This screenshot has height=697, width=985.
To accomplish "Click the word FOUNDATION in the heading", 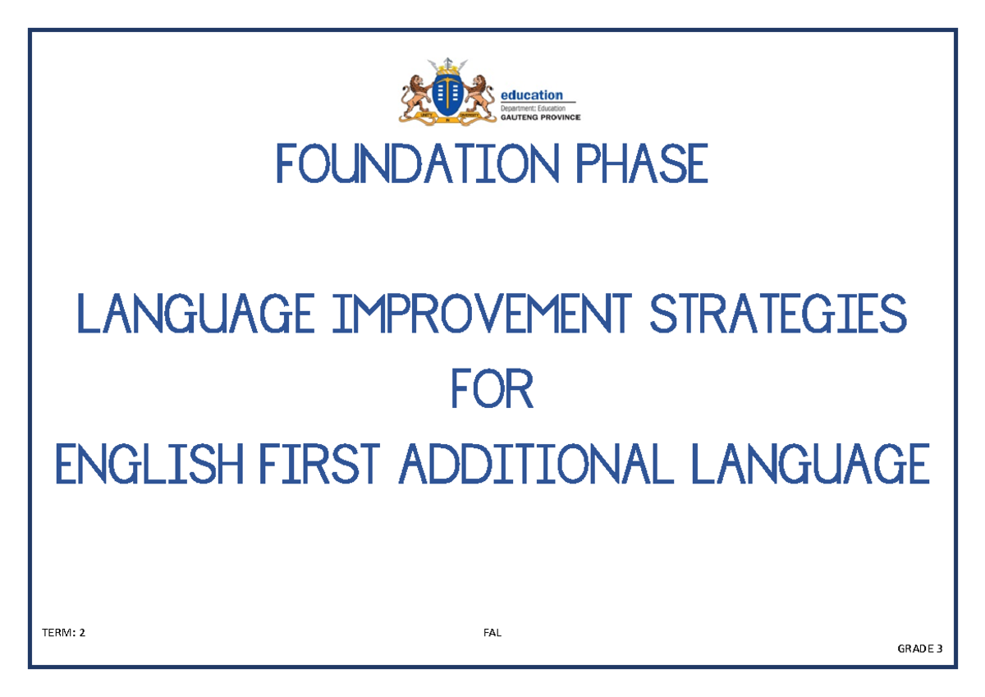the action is [417, 163].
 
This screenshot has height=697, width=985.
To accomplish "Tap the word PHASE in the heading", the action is [642, 163].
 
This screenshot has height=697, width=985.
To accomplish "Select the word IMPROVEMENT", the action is [482, 313].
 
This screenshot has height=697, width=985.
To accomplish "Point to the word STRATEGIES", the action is [778, 313].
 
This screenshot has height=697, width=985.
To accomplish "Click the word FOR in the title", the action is [492, 389].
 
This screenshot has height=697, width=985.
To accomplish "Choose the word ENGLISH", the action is [149, 464].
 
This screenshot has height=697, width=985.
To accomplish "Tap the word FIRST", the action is [319, 464].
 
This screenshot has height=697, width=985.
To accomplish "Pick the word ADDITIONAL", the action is [535, 464].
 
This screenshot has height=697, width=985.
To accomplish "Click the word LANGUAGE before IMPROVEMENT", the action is [195, 313].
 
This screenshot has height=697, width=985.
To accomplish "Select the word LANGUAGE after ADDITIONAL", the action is [810, 464].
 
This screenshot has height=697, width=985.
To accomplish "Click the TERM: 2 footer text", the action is [63, 632].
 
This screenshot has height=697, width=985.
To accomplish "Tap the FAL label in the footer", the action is [492, 632].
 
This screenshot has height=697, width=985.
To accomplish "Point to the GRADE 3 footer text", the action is [920, 649].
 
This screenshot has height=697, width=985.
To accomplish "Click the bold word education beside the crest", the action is [532, 95].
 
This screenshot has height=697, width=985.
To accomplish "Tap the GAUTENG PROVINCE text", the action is [540, 117].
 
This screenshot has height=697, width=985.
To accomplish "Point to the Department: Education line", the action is [533, 108].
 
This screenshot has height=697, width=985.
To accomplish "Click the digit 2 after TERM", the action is [82, 632].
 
